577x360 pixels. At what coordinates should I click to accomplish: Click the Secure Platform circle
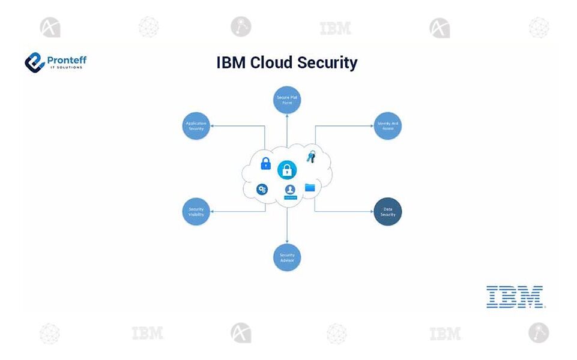(287, 100)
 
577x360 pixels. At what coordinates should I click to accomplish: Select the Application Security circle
(196, 126)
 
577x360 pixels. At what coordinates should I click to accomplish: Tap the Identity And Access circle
(387, 126)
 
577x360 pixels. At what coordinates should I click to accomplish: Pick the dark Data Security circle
(387, 212)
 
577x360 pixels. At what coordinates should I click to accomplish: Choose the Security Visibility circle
(196, 212)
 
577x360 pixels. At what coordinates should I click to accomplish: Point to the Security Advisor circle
(287, 257)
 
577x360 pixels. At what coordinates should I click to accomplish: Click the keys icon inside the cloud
(310, 157)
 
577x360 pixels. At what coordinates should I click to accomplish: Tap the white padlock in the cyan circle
(287, 170)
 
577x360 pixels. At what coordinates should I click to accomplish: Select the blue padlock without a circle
(265, 163)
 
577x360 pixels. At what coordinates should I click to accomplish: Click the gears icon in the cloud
(262, 190)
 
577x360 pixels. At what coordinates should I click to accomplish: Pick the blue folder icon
(310, 188)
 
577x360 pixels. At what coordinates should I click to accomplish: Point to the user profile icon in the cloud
(290, 191)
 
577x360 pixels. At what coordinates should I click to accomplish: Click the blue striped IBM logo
(515, 297)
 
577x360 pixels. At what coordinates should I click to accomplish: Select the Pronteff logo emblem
(35, 62)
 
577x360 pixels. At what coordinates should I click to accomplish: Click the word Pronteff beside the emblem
(67, 59)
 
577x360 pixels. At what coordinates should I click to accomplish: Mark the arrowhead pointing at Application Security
(213, 126)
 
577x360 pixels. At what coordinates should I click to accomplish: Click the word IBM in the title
(231, 62)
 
